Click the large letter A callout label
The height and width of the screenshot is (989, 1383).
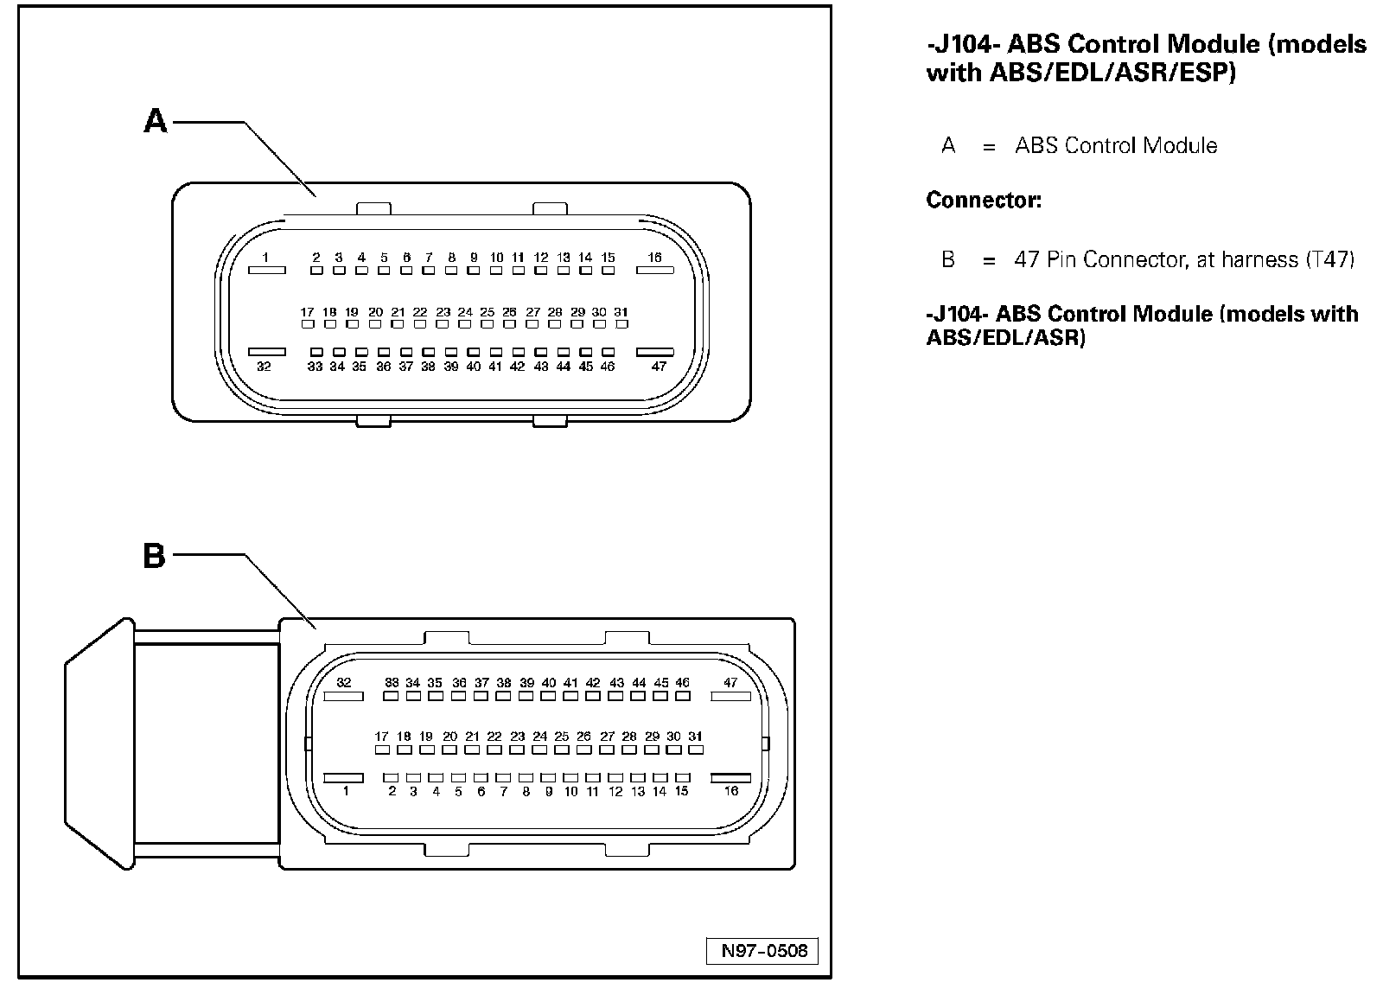click(155, 121)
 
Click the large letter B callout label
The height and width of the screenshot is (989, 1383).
click(154, 556)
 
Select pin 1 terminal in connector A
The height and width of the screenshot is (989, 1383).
click(266, 271)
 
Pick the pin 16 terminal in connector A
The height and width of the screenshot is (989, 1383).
click(654, 271)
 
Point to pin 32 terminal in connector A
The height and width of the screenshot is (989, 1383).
click(266, 353)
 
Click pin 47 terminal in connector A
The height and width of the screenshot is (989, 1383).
click(654, 353)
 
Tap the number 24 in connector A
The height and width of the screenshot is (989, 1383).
click(465, 312)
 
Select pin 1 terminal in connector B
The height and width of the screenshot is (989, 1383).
click(343, 777)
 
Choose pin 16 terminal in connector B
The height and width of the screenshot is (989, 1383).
click(730, 777)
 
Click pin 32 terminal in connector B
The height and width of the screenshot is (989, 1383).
click(343, 696)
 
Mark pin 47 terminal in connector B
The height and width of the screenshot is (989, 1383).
click(730, 696)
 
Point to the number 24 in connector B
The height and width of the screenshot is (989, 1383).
click(539, 737)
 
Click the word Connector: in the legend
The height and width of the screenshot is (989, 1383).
click(984, 201)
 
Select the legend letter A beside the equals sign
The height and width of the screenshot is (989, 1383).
click(948, 145)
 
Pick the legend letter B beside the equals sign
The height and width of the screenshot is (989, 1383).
click(948, 258)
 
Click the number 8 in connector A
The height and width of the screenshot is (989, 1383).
click(451, 258)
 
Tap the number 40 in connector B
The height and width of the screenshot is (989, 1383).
click(548, 683)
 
